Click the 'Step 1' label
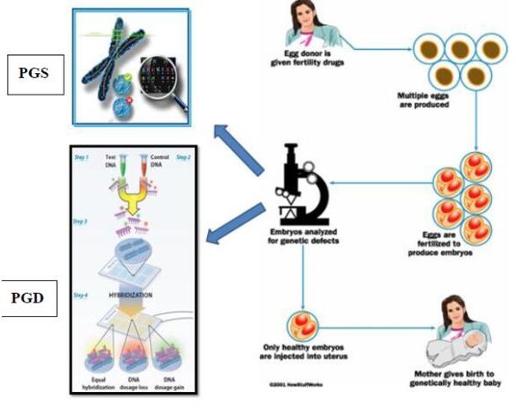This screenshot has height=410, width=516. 81,160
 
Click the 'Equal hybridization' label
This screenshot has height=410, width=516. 95,381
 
